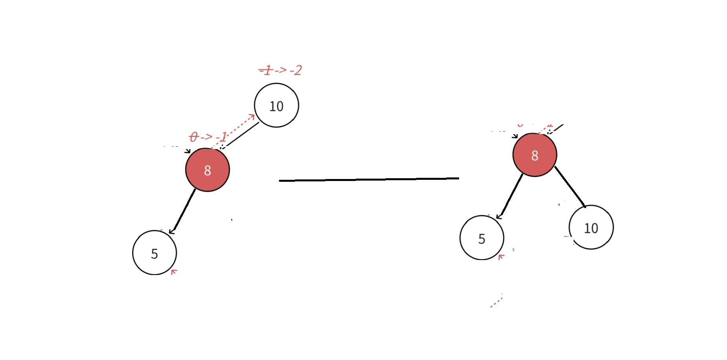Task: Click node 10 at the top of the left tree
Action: click(276, 105)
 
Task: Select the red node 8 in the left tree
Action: click(207, 170)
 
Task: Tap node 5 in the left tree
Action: click(154, 253)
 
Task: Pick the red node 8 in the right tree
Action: click(535, 155)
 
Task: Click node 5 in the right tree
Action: click(482, 238)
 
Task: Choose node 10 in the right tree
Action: click(591, 227)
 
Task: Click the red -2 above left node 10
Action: click(296, 70)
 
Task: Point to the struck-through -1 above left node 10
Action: click(266, 70)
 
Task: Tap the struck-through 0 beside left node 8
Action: click(194, 137)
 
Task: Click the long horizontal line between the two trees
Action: click(369, 179)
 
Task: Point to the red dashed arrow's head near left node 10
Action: click(252, 116)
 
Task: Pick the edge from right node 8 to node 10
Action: click(570, 186)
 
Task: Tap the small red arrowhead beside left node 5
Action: click(173, 271)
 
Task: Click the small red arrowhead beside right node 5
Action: click(500, 257)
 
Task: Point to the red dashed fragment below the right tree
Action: click(496, 301)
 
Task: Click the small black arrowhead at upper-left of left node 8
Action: click(188, 151)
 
